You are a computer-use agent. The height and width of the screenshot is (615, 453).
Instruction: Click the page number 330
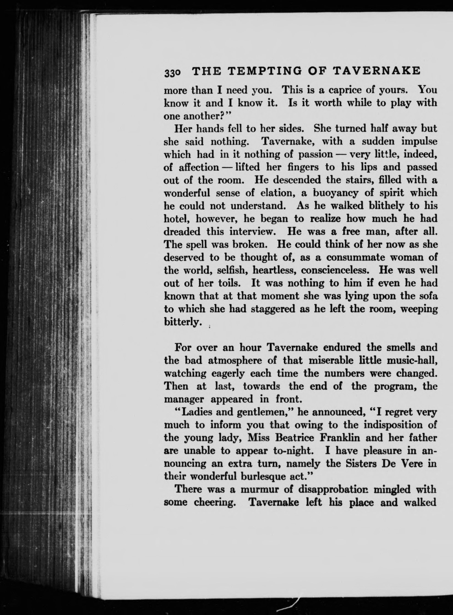[x=172, y=73]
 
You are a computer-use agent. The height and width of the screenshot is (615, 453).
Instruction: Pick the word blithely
[x=376, y=206]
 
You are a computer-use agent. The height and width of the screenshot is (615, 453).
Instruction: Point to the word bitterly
[x=182, y=322]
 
